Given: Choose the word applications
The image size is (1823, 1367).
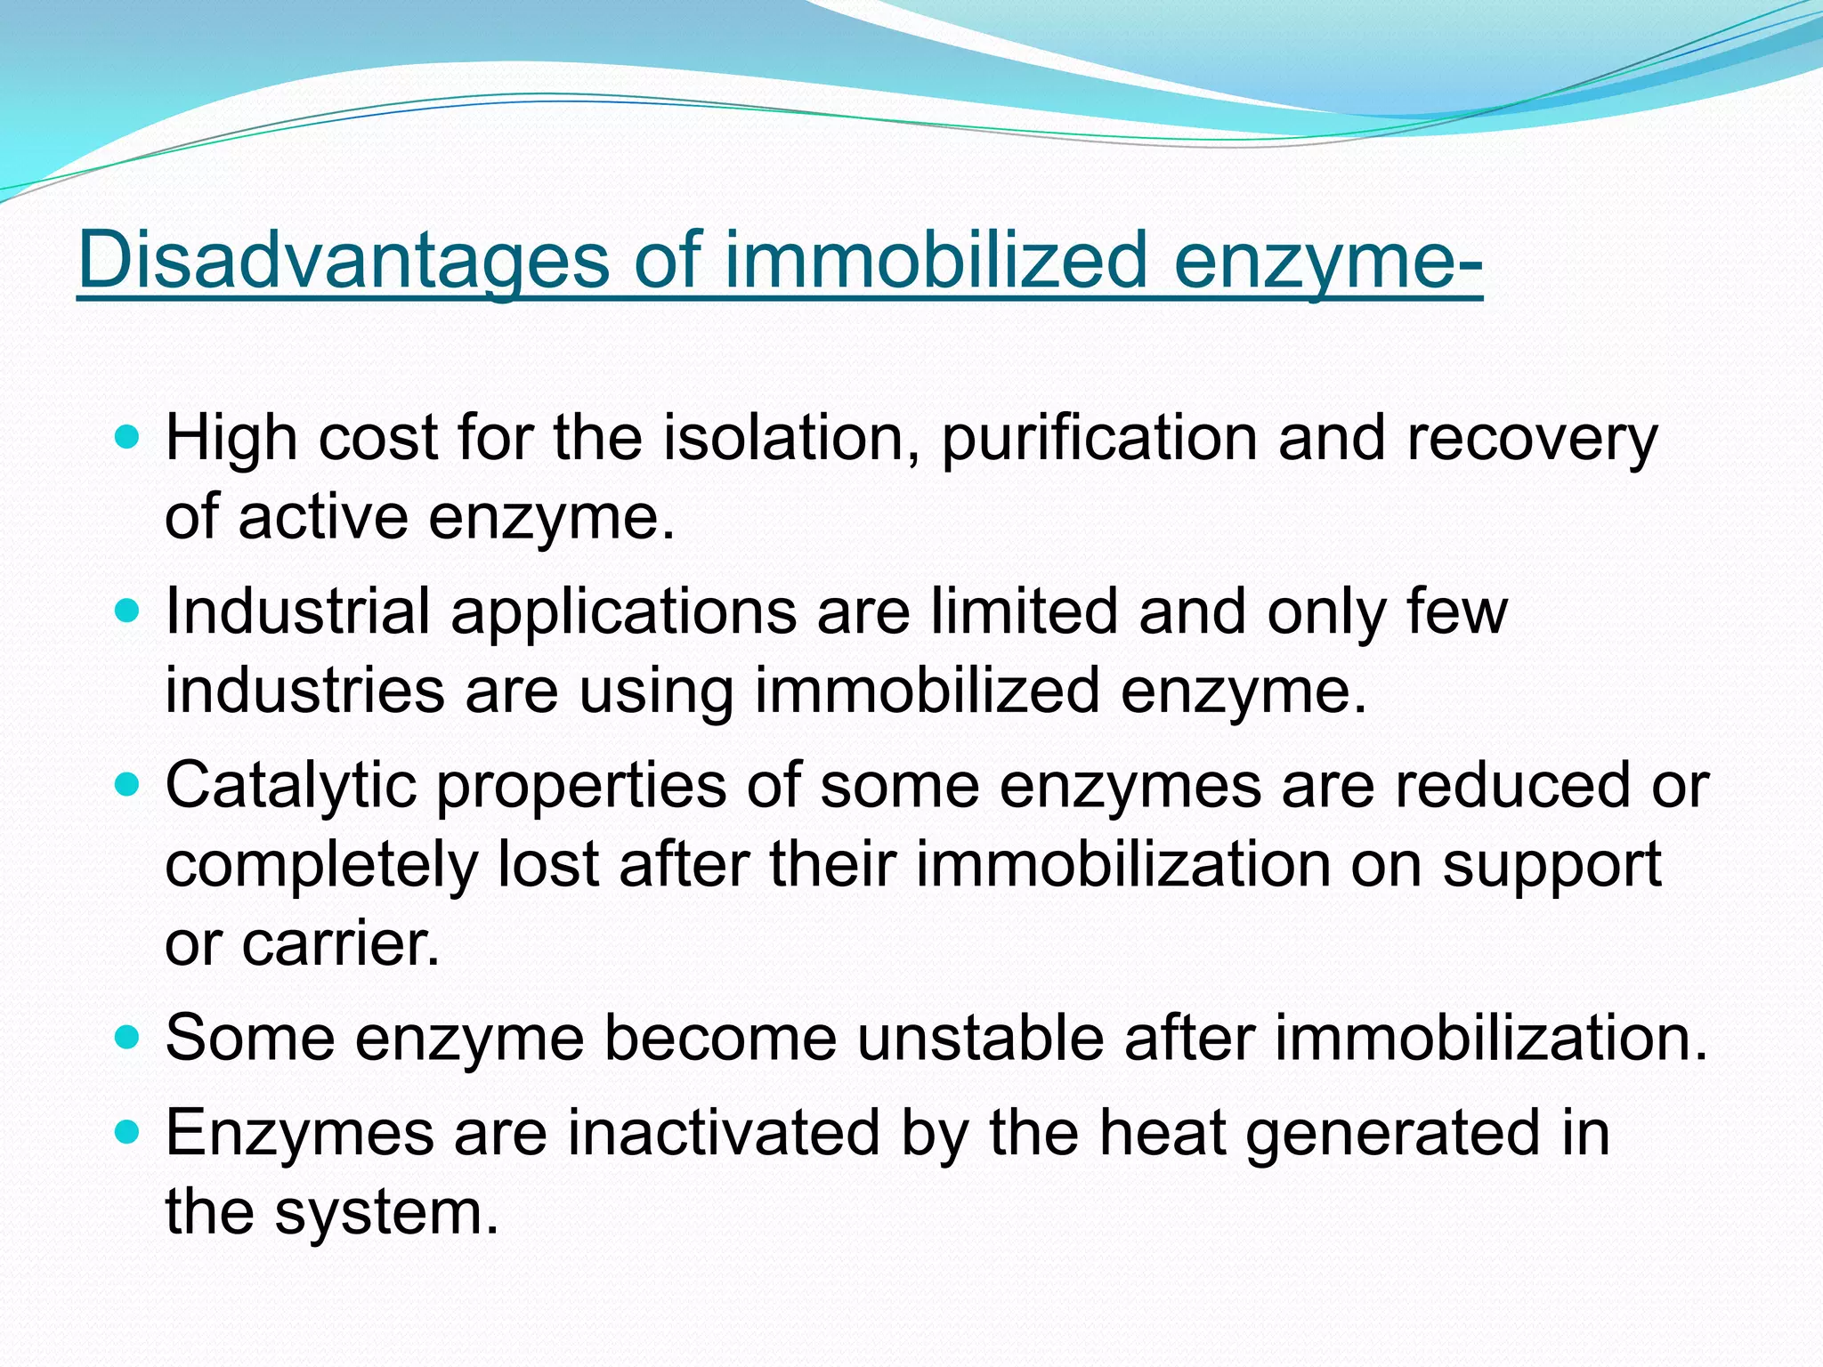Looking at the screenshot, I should [623, 611].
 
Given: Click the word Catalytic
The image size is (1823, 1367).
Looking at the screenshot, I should [291, 785].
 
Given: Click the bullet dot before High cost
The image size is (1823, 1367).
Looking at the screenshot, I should [128, 437].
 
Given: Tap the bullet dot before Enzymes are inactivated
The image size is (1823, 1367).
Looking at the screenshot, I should [128, 1131].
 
